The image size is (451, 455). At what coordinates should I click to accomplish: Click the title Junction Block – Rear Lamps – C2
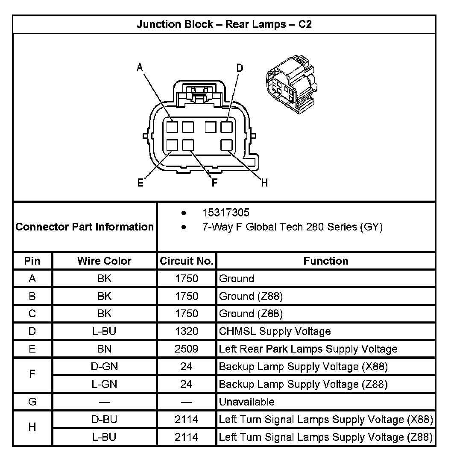coord(224,24)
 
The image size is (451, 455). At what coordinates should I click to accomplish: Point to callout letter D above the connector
coord(240,68)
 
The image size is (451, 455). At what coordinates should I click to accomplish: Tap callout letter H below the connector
coord(264,183)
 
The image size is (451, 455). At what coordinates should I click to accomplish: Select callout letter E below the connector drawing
coord(140,183)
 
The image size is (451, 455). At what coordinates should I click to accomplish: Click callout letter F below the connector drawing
coord(214,183)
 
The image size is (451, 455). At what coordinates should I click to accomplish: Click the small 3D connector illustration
coord(290,85)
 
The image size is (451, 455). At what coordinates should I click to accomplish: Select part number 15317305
coord(226,213)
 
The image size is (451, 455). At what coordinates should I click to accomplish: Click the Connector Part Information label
coord(85,227)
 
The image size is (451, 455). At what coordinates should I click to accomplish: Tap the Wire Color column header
coord(104,261)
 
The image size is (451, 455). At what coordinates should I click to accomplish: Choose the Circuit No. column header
coord(186,261)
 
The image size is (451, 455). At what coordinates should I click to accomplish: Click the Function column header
coord(326,261)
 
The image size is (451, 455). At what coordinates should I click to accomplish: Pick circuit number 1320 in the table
coord(186,331)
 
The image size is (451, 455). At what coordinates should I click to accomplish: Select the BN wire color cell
coord(104,349)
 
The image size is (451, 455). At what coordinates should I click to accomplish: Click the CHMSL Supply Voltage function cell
coord(275,331)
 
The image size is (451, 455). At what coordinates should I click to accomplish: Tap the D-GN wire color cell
coord(104,366)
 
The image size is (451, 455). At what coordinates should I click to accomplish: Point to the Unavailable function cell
coord(246,402)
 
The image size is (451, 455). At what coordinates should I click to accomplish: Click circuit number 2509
coord(186,349)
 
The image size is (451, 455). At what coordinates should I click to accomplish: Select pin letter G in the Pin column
coord(32,402)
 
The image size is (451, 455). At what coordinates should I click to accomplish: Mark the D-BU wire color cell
coord(104,419)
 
